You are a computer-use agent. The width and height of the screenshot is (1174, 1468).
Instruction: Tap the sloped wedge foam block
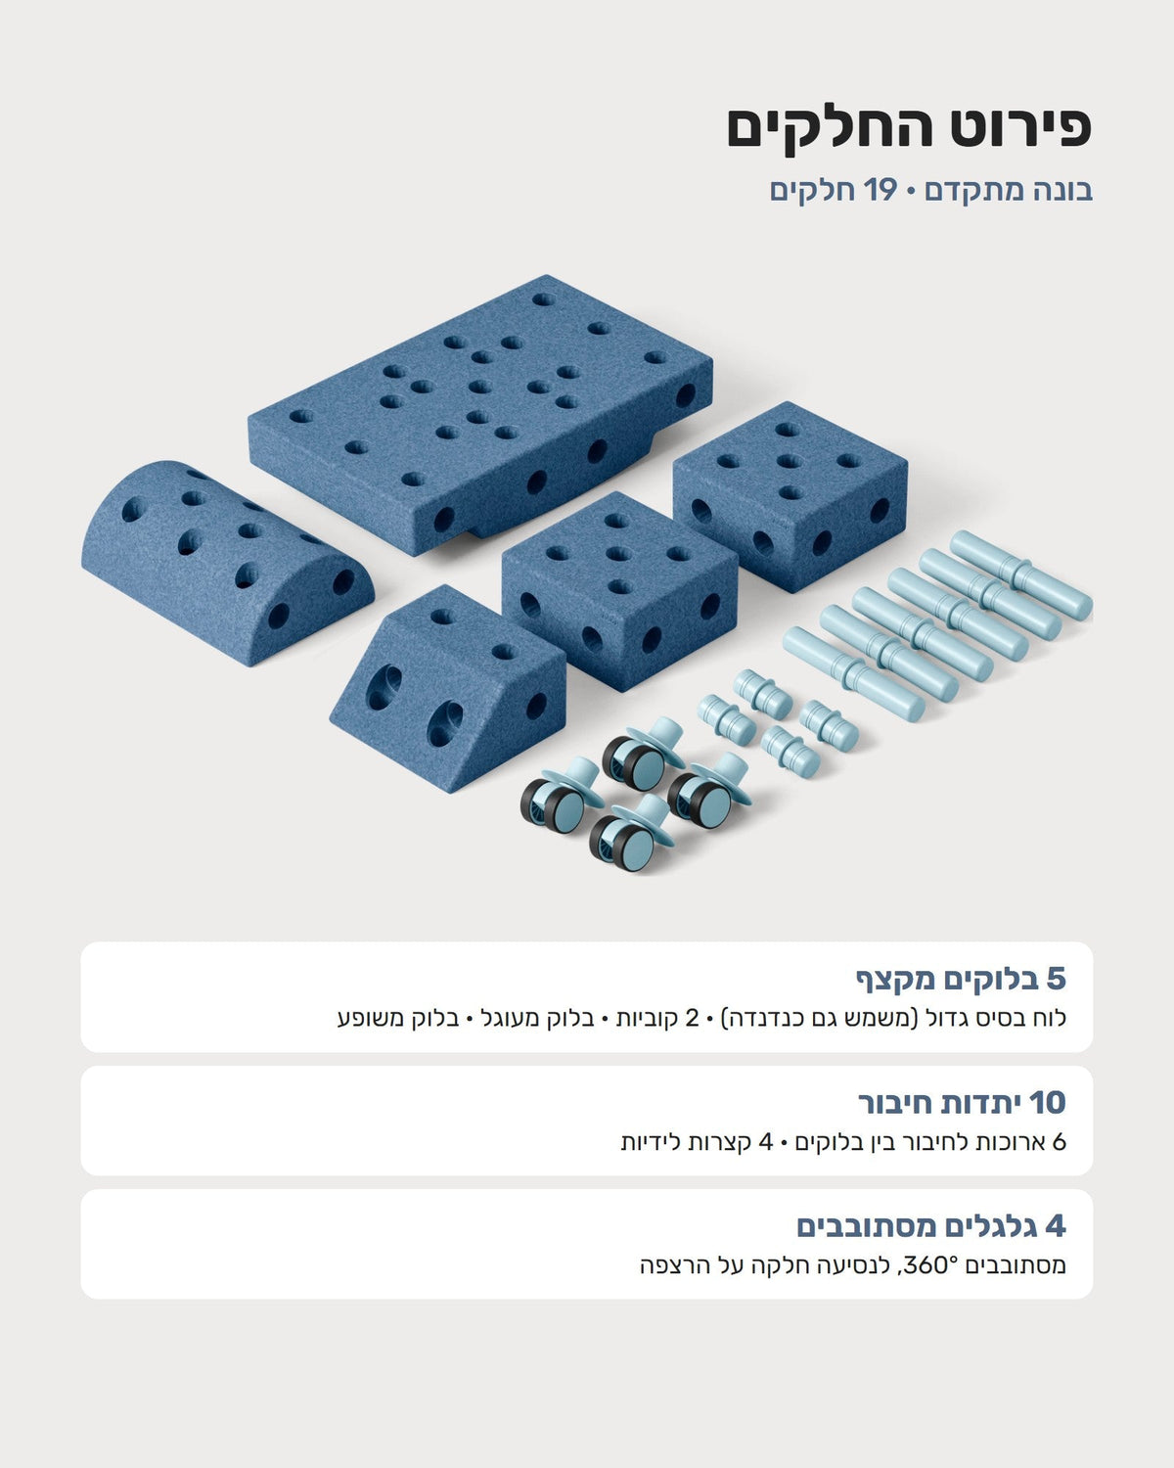pos(447,689)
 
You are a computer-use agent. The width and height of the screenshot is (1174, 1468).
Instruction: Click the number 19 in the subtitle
pos(880,190)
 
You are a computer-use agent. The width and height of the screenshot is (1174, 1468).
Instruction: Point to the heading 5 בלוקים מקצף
pos(961,980)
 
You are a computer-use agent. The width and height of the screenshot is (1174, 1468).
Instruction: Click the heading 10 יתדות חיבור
pos(962,1103)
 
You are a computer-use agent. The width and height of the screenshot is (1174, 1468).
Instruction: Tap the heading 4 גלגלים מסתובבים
pos(931,1226)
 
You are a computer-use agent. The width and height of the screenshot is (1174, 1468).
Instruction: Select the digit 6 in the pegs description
pos(1059,1142)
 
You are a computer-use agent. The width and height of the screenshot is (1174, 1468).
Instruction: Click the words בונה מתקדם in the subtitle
pos(1009,191)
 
